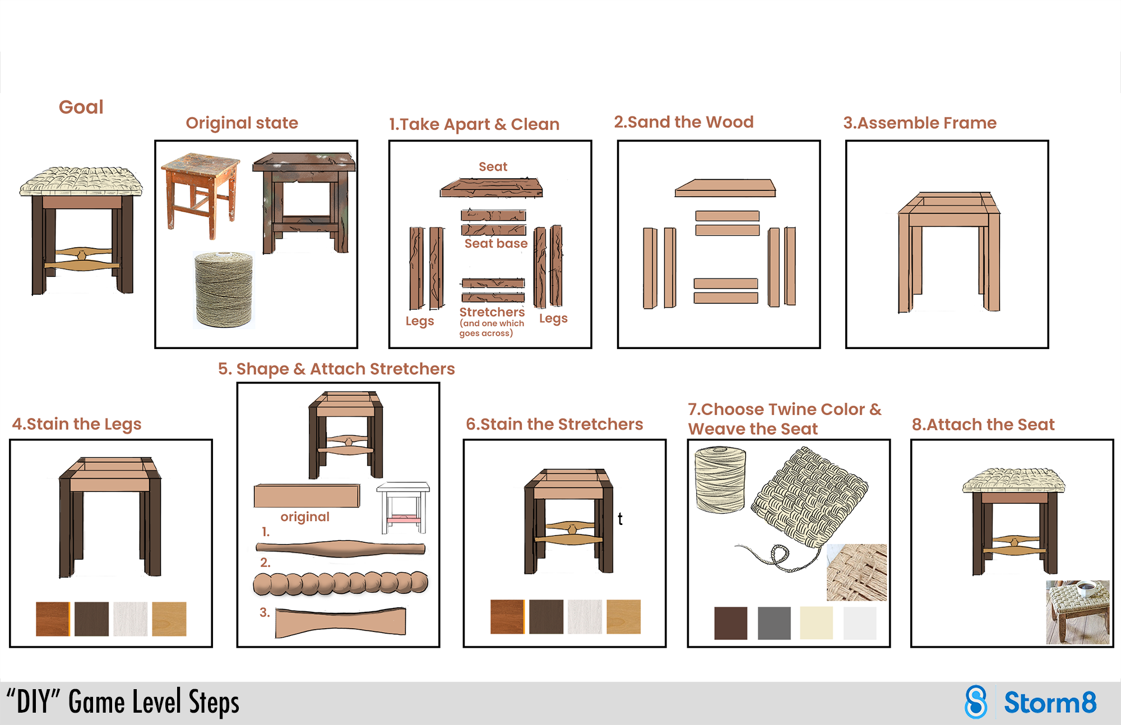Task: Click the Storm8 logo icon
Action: point(976,701)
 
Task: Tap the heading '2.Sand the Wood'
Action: point(683,122)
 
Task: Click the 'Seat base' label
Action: point(495,244)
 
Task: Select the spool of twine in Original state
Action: point(224,289)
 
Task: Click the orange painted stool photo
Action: point(201,193)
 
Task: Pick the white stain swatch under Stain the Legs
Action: point(130,619)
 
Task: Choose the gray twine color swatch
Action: point(774,622)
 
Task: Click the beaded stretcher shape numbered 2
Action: point(340,583)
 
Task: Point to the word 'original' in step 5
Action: point(305,517)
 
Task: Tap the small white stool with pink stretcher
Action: point(403,507)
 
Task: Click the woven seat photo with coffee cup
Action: point(1077,612)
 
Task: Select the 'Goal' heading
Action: point(81,107)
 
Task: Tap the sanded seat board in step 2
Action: point(725,188)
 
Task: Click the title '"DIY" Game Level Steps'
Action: point(123,702)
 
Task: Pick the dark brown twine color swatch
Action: point(730,622)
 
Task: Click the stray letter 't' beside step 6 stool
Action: point(620,519)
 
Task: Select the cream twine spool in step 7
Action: point(720,479)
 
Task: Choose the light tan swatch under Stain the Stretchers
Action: point(623,616)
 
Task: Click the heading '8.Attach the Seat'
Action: point(983,425)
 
